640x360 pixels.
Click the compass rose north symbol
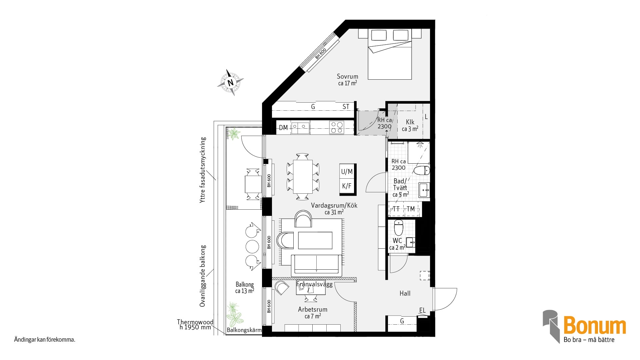pos(230,82)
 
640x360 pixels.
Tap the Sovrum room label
pos(347,76)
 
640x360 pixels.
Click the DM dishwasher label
pos(283,128)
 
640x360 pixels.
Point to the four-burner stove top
pos(337,128)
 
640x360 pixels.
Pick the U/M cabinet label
pos(347,172)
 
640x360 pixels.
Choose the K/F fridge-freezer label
pos(347,186)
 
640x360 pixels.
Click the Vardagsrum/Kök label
pos(334,205)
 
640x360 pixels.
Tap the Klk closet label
pos(410,122)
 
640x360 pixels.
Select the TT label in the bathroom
pos(396,209)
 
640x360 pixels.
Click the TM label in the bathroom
pos(411,209)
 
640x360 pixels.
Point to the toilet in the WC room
pos(399,228)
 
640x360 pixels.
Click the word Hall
pos(405,293)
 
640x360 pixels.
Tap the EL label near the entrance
pos(422,310)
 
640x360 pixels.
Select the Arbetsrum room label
pos(313,309)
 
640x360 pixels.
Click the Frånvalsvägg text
pos(314,284)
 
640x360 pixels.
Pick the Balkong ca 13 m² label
pos(245,288)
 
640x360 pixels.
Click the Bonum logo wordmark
pos(595,326)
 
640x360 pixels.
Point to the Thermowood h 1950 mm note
pos(195,324)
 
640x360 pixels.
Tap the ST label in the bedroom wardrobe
pos(346,107)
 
